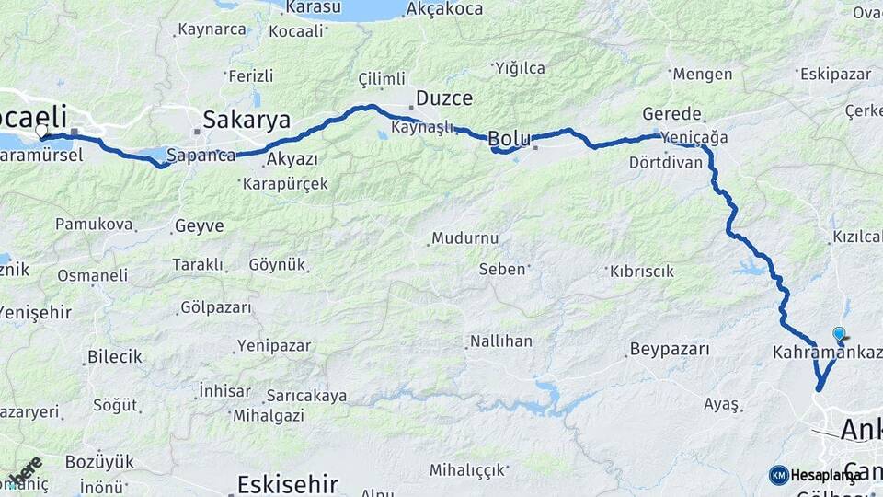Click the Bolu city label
[508, 139]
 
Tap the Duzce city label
[444, 98]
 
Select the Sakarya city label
[247, 120]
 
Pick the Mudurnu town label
[467, 238]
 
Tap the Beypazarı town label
[670, 350]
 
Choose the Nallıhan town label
[500, 341]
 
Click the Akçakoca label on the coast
[444, 8]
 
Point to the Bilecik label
[114, 356]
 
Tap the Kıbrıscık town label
[641, 272]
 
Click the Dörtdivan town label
[666, 162]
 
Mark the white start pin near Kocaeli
[41, 131]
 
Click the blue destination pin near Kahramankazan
[839, 335]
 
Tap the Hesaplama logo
[817, 475]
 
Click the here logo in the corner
[26, 470]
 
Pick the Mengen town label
[702, 74]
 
